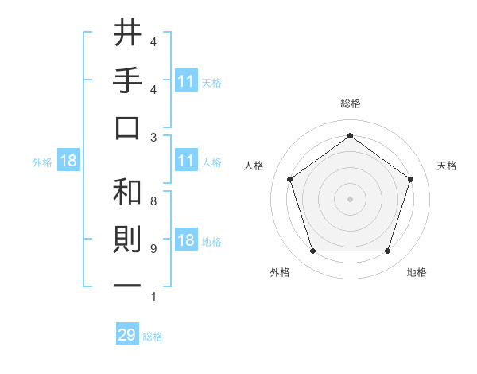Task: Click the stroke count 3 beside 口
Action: [x=153, y=137]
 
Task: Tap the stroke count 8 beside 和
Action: [x=153, y=201]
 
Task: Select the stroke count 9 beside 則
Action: [x=153, y=249]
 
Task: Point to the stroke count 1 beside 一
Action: [x=153, y=298]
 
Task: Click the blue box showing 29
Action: [x=127, y=335]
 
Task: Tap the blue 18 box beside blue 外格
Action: [x=68, y=162]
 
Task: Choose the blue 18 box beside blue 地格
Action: [x=186, y=241]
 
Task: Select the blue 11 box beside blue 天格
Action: [x=186, y=81]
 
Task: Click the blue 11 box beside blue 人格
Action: [x=186, y=162]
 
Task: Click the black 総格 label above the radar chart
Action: [x=350, y=103]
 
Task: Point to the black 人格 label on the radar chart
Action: [x=254, y=166]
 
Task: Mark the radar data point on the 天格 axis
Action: [x=410, y=179]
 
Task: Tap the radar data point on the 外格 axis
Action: [x=312, y=251]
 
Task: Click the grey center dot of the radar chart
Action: [x=350, y=199]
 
